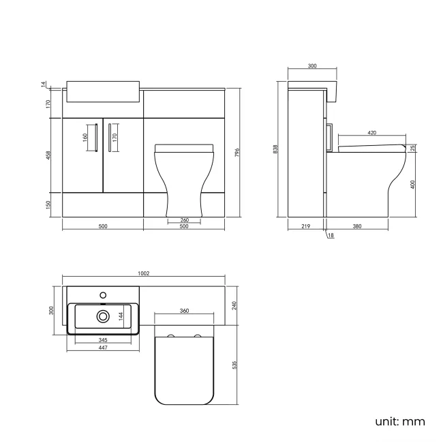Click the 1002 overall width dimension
click(143, 273)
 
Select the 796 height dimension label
click(236, 153)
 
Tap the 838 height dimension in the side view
click(275, 149)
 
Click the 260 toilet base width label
click(185, 219)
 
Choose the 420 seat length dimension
click(372, 133)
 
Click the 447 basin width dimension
click(102, 348)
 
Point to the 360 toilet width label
click(184, 311)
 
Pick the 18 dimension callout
click(331, 236)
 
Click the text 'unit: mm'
click(399, 421)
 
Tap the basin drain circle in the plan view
click(102, 317)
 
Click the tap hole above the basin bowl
click(102, 295)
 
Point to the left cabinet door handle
click(95, 136)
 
